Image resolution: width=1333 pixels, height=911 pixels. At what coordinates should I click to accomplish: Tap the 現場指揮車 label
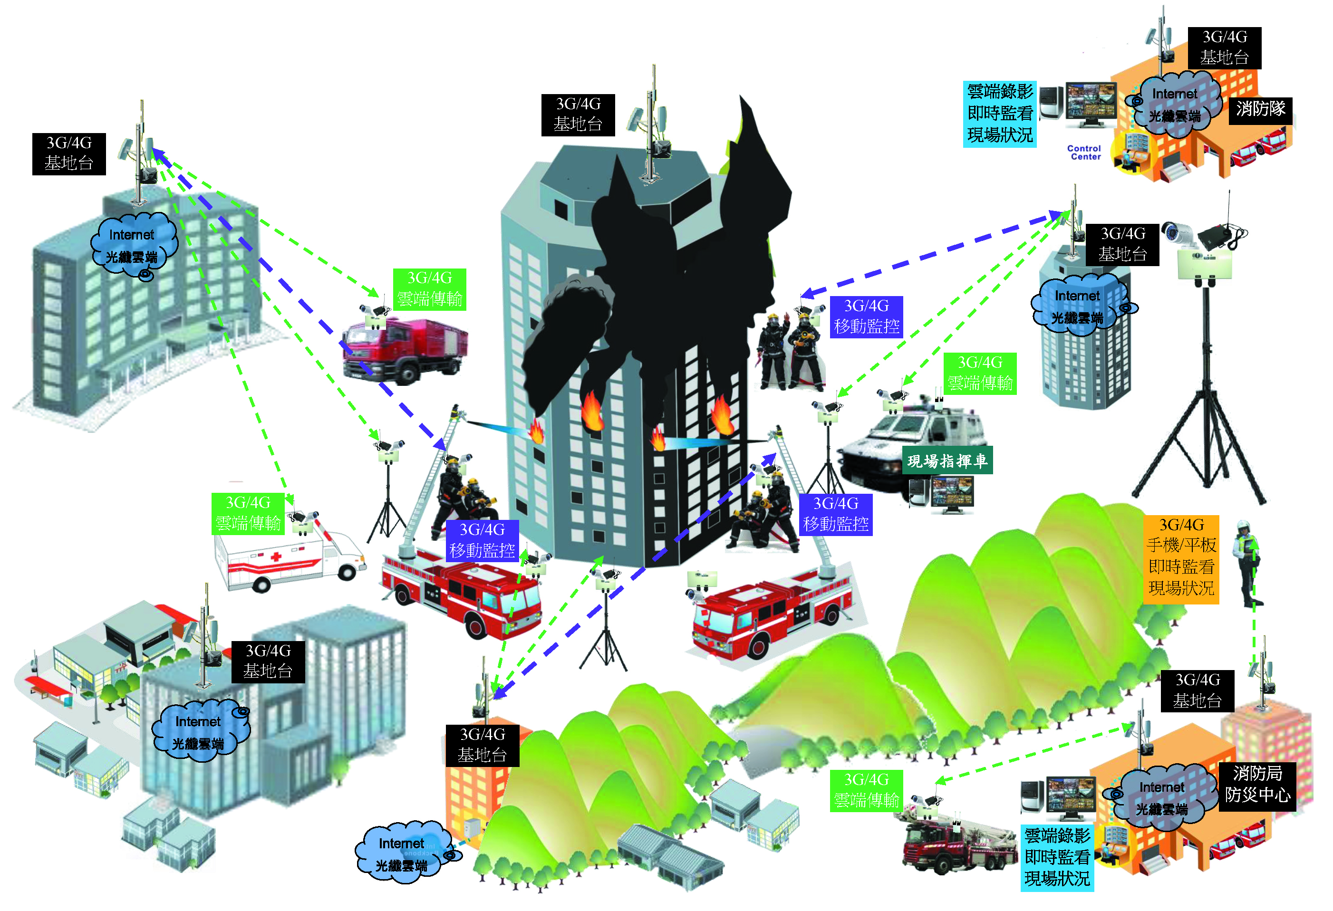(947, 460)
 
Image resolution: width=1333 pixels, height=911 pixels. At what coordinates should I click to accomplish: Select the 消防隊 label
(1260, 109)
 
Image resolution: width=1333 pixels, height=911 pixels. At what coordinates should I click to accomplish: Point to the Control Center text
(1084, 152)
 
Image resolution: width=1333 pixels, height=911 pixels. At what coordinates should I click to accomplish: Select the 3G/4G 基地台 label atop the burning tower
(578, 114)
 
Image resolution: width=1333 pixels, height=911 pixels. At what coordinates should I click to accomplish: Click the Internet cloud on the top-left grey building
(133, 245)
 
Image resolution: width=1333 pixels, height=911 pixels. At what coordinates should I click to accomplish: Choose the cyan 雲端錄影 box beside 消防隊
(1000, 114)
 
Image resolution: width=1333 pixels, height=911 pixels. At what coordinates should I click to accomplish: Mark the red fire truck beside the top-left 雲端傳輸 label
(405, 350)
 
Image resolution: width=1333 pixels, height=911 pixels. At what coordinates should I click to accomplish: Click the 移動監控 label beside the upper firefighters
(866, 316)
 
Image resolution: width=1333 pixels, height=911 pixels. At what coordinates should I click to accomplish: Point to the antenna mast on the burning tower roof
(652, 126)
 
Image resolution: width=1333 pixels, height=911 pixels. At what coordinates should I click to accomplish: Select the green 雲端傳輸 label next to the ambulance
(248, 513)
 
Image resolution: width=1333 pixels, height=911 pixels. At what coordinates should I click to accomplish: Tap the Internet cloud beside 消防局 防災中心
(1161, 797)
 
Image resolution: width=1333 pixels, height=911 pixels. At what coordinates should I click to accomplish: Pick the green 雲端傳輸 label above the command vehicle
(980, 373)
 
